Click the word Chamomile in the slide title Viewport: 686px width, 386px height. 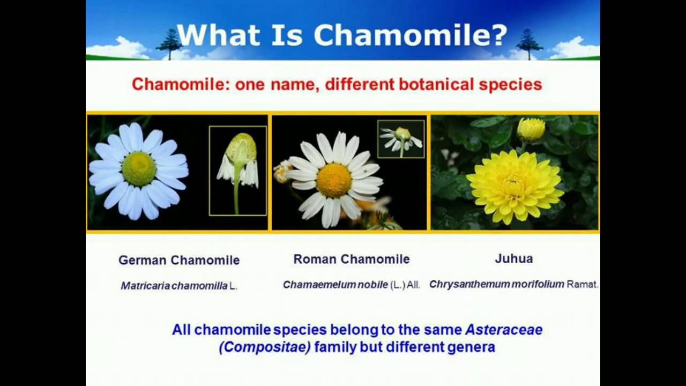click(410, 35)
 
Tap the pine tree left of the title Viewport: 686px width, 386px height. click(170, 44)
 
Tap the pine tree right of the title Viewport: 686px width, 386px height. click(530, 44)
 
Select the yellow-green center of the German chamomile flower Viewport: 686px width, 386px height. click(139, 168)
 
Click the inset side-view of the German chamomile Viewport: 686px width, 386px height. click(238, 170)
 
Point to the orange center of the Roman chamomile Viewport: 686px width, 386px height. click(333, 180)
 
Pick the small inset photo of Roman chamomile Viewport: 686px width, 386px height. click(401, 139)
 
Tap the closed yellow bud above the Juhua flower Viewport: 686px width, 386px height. click(531, 129)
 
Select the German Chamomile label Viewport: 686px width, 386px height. click(179, 261)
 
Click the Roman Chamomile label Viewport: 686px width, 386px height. click(352, 259)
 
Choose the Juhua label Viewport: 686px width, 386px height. click(513, 259)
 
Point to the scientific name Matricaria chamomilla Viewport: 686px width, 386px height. click(174, 286)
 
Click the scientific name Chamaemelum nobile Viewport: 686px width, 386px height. click(335, 285)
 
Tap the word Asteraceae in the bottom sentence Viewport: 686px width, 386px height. click(503, 330)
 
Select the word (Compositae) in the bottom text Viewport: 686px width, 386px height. click(264, 347)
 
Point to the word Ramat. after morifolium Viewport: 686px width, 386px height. click(583, 285)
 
